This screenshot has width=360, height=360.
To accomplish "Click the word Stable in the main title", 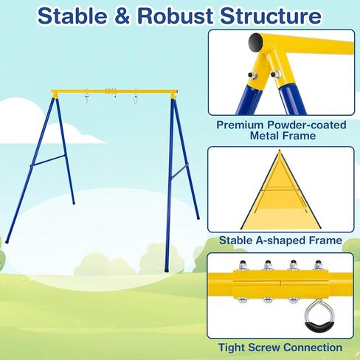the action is (72, 15).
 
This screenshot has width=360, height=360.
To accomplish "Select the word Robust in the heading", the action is (175, 16).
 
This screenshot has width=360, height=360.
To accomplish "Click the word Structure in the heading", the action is (271, 16).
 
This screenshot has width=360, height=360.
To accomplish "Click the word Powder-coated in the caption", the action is (307, 125).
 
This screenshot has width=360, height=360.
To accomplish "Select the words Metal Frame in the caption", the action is (283, 136).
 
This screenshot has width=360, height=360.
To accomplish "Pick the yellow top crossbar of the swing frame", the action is (114, 92).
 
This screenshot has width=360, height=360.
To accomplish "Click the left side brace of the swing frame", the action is (49, 160).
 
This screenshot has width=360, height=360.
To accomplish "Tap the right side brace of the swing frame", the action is (179, 171).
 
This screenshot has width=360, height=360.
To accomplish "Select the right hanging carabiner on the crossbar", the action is (135, 100).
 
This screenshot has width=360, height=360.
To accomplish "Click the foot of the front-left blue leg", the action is (7, 242).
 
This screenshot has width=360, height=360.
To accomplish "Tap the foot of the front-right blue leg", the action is (167, 270).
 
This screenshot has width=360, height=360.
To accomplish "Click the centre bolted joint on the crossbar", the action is (111, 91).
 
